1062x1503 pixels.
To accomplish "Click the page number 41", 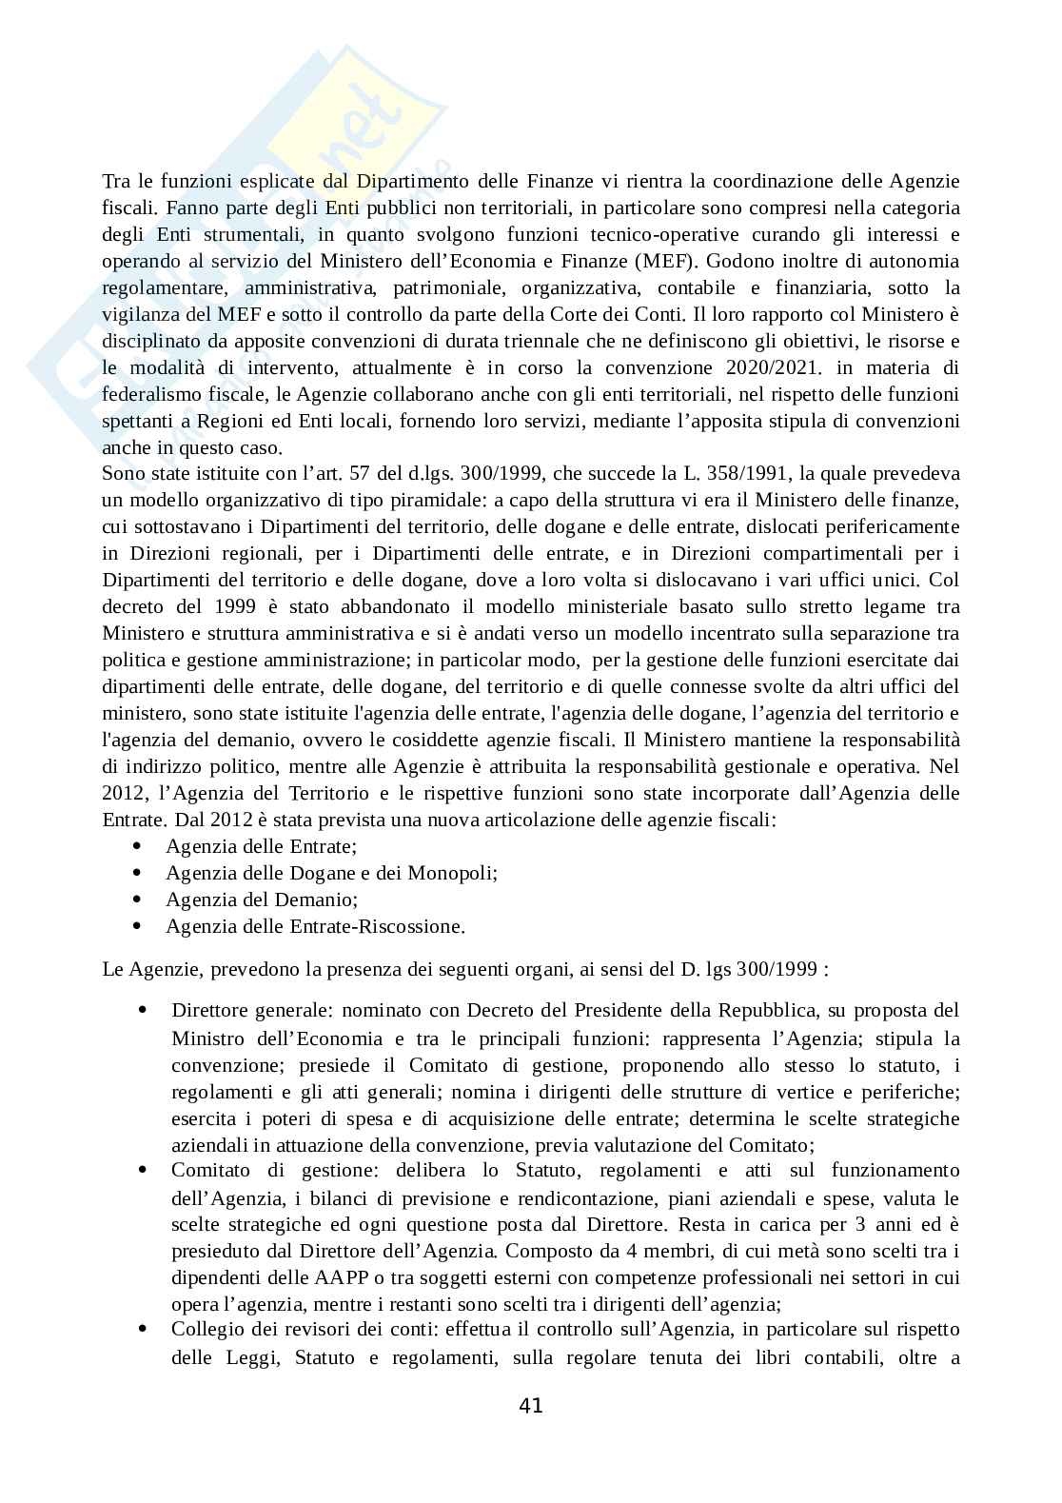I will point(531,1405).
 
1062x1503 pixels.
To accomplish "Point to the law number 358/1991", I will point(729,474).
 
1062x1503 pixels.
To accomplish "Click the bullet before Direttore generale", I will point(142,1010).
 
